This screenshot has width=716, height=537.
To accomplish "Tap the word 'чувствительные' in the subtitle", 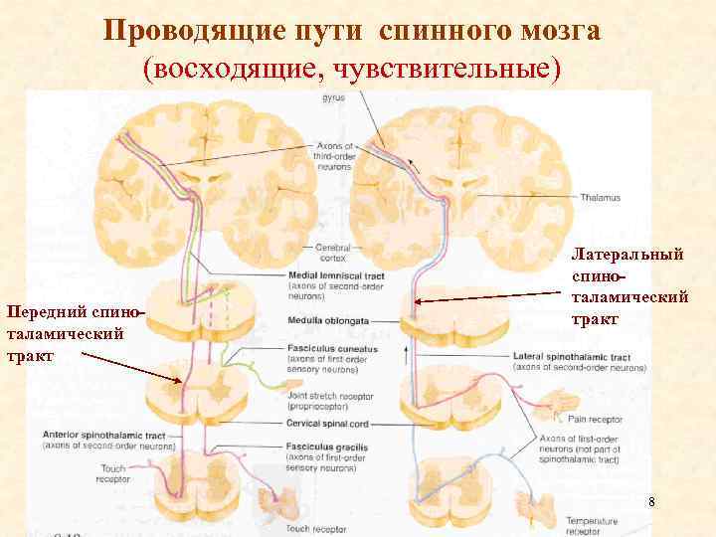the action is coord(448,67).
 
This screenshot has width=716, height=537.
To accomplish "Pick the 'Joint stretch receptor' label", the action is coord(327,396).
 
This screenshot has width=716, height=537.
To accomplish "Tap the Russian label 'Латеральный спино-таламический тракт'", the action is coord(628,287).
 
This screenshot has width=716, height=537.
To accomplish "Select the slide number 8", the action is coord(650,502).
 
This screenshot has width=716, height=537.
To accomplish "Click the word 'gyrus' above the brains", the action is coord(333,97).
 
